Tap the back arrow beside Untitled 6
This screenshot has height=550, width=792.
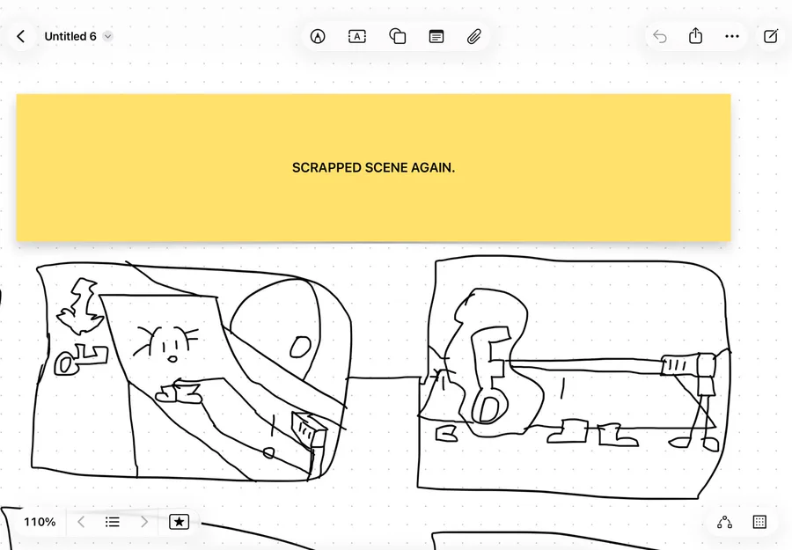click(21, 36)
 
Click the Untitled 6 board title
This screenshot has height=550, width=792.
click(70, 36)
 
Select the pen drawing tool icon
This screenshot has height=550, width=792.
click(318, 36)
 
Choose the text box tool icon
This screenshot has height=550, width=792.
click(357, 36)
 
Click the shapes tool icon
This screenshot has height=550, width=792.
click(398, 36)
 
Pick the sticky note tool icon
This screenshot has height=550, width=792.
click(436, 36)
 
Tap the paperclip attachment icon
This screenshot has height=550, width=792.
click(473, 36)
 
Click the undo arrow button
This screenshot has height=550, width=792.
click(660, 36)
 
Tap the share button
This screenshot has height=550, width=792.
click(695, 36)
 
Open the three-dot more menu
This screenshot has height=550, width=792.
click(732, 36)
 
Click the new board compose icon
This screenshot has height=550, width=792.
click(771, 36)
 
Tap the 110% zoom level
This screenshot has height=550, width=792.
click(40, 522)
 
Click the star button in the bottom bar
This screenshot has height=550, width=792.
click(179, 522)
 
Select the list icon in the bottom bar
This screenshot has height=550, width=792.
click(112, 522)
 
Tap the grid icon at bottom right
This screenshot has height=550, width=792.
click(759, 522)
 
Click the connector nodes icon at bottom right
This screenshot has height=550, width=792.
click(725, 522)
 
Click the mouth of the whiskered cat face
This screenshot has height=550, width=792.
click(172, 359)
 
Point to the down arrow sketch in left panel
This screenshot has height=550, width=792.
click(79, 306)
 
